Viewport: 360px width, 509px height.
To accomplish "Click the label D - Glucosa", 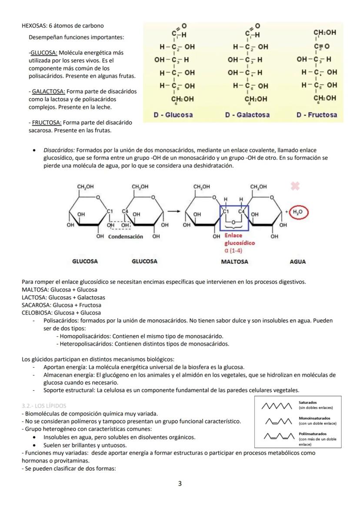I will click(173, 115).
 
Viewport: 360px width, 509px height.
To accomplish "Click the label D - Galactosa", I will click(247, 115).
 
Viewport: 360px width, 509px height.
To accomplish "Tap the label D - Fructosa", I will click(317, 115).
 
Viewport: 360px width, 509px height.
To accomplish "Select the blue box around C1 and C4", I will click(234, 218).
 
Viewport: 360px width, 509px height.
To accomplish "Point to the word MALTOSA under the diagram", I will click(234, 262).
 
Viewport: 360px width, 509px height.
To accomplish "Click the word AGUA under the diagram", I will click(298, 262).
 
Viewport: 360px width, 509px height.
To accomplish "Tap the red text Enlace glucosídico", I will click(239, 239).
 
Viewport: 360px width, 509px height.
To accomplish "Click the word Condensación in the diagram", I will click(125, 237).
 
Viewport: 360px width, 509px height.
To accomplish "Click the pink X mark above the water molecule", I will click(295, 186).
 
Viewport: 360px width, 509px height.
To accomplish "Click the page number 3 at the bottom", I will click(180, 484).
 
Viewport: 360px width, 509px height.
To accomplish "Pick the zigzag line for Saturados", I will click(277, 406).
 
